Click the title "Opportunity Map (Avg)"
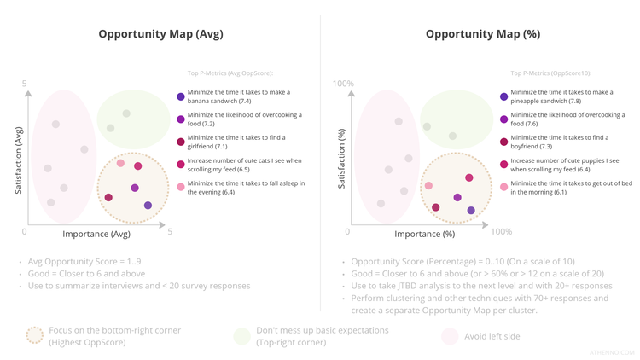tap(160, 35)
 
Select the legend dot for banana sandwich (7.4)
tap(181, 96)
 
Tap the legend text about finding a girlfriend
tap(236, 142)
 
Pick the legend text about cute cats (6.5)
tap(244, 165)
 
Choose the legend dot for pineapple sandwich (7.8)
tap(504, 96)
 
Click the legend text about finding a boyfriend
tap(559, 142)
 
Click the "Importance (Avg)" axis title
tap(96, 234)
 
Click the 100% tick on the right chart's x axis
tap(501, 232)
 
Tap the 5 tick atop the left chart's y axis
tap(25, 84)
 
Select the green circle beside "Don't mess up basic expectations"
tap(241, 336)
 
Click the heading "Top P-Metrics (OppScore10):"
tap(550, 73)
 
